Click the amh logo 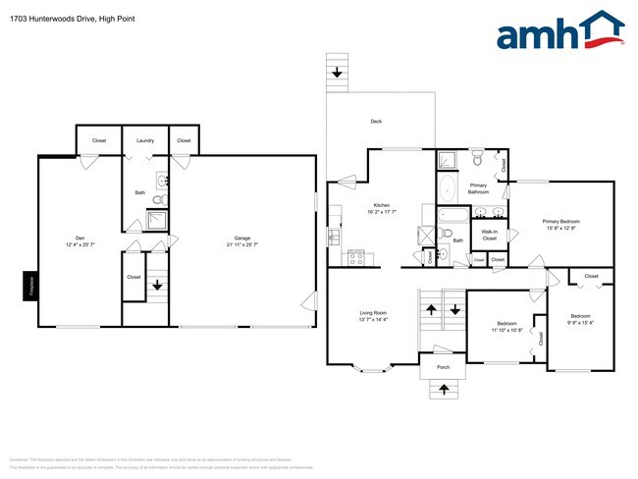pos(559,31)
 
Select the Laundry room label pos(145,140)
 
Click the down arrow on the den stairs pos(157,287)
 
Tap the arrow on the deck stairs pos(338,73)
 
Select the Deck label pos(376,121)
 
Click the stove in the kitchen pos(357,258)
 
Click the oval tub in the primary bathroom pos(448,188)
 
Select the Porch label pos(443,367)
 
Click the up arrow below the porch pos(443,390)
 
